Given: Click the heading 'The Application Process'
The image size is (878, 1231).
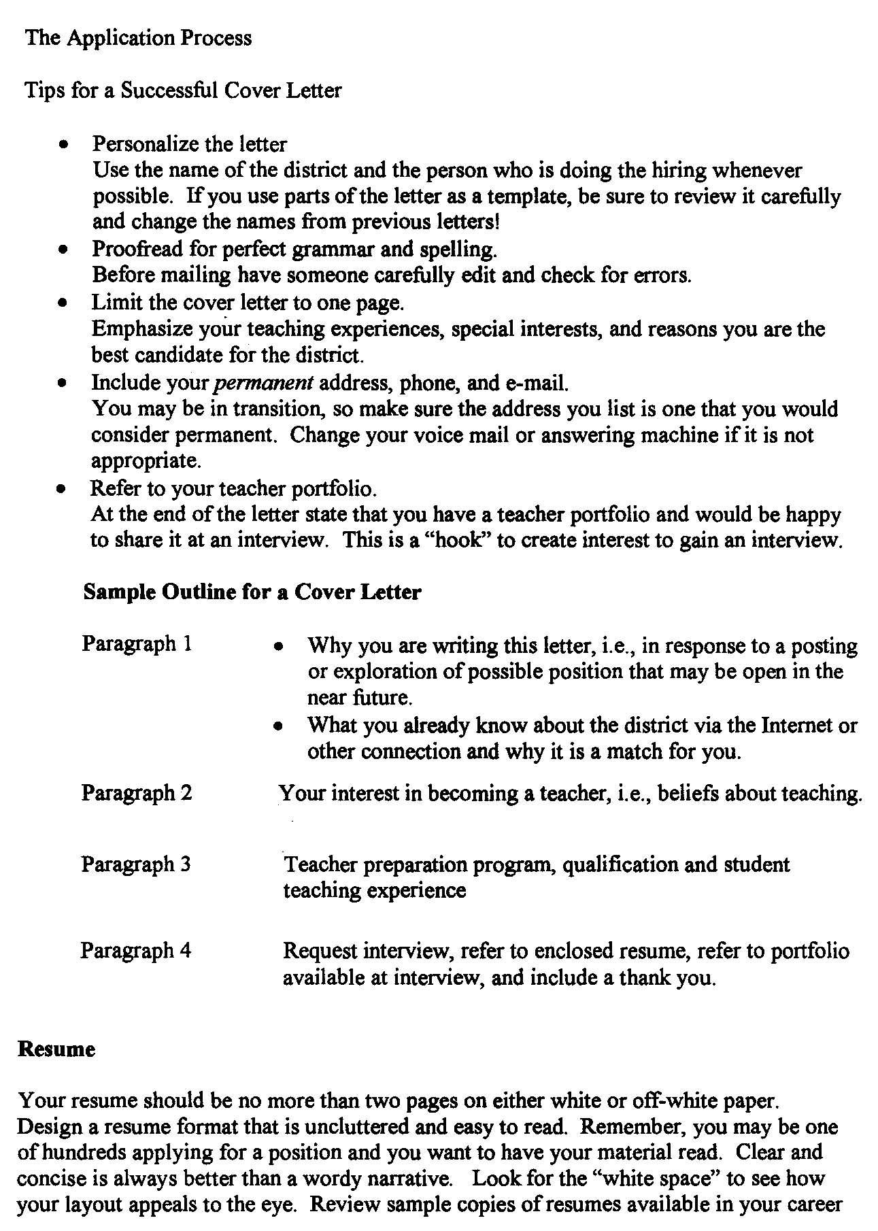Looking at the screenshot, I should click(x=138, y=37).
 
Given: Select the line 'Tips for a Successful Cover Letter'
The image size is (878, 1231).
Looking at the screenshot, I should click(x=183, y=90).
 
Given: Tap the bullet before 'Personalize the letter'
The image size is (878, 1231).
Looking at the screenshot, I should click(x=63, y=145).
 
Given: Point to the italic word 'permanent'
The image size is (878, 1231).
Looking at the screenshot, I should click(x=263, y=383).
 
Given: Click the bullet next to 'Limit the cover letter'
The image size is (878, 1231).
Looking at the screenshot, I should click(x=63, y=303).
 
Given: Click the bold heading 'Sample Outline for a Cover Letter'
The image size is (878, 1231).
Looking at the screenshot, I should click(x=252, y=592).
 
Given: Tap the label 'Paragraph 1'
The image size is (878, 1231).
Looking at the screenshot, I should click(x=137, y=643).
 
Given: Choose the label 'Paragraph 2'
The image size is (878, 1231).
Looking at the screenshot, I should click(x=137, y=792).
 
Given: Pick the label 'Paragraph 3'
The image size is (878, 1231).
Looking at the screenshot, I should click(x=136, y=864).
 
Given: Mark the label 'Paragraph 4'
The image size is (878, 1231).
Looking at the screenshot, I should click(x=135, y=950).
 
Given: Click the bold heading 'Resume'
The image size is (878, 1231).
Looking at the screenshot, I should click(x=56, y=1049).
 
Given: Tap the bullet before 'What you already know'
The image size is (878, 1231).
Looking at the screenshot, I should click(x=277, y=726).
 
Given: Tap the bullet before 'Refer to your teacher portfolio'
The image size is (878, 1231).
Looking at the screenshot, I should click(x=63, y=489).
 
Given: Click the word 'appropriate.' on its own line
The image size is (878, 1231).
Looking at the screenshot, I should click(x=146, y=462).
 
